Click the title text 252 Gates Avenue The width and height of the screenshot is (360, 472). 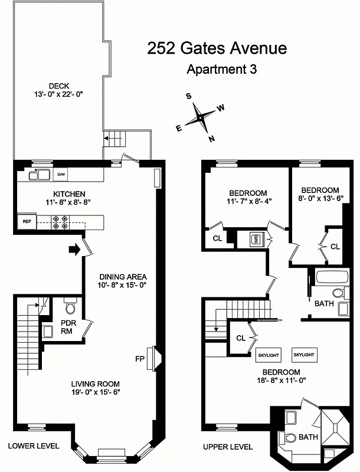[x=217, y=48]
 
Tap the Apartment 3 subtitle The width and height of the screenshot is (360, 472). [x=221, y=69]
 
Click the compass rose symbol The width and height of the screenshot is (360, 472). [x=201, y=118]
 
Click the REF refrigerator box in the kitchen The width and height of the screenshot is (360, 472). [x=27, y=222]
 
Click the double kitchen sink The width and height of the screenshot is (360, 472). [x=40, y=175]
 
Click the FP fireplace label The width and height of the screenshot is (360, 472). [x=140, y=358]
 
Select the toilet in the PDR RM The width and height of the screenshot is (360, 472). [x=70, y=309]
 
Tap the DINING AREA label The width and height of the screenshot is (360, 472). [x=123, y=277]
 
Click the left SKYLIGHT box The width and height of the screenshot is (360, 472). [x=269, y=355]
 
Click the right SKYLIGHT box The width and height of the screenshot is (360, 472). [x=304, y=355]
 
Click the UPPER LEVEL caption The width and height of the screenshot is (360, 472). [x=228, y=447]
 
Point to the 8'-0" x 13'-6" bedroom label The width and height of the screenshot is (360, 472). [x=320, y=194]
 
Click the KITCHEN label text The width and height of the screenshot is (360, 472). [x=70, y=194]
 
